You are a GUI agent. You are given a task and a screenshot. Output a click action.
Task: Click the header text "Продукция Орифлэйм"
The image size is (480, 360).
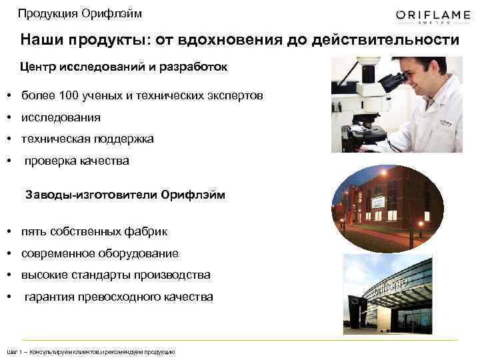coord(79,13)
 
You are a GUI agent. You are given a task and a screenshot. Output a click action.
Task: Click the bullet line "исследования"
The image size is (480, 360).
coord(61,117)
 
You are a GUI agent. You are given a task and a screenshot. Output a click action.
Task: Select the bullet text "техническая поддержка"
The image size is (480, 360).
coord(87,139)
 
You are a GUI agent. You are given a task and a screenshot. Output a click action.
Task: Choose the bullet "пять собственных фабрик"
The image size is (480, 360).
coord(94,231)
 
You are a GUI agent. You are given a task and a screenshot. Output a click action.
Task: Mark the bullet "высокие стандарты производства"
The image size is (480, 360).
coord(115,275)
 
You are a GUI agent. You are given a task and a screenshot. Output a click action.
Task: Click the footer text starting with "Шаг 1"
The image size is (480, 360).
coord(90,351)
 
